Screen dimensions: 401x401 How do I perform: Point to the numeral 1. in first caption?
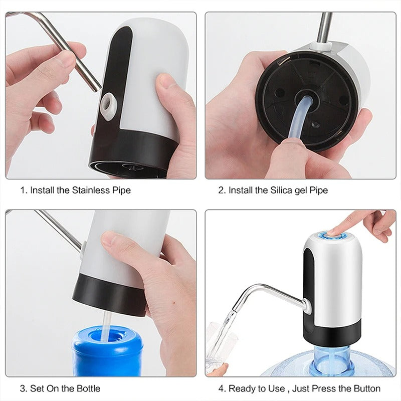(24, 190)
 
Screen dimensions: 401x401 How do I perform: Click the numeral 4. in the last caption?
(222, 388)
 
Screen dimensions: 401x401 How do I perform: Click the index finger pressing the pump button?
(351, 221)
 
